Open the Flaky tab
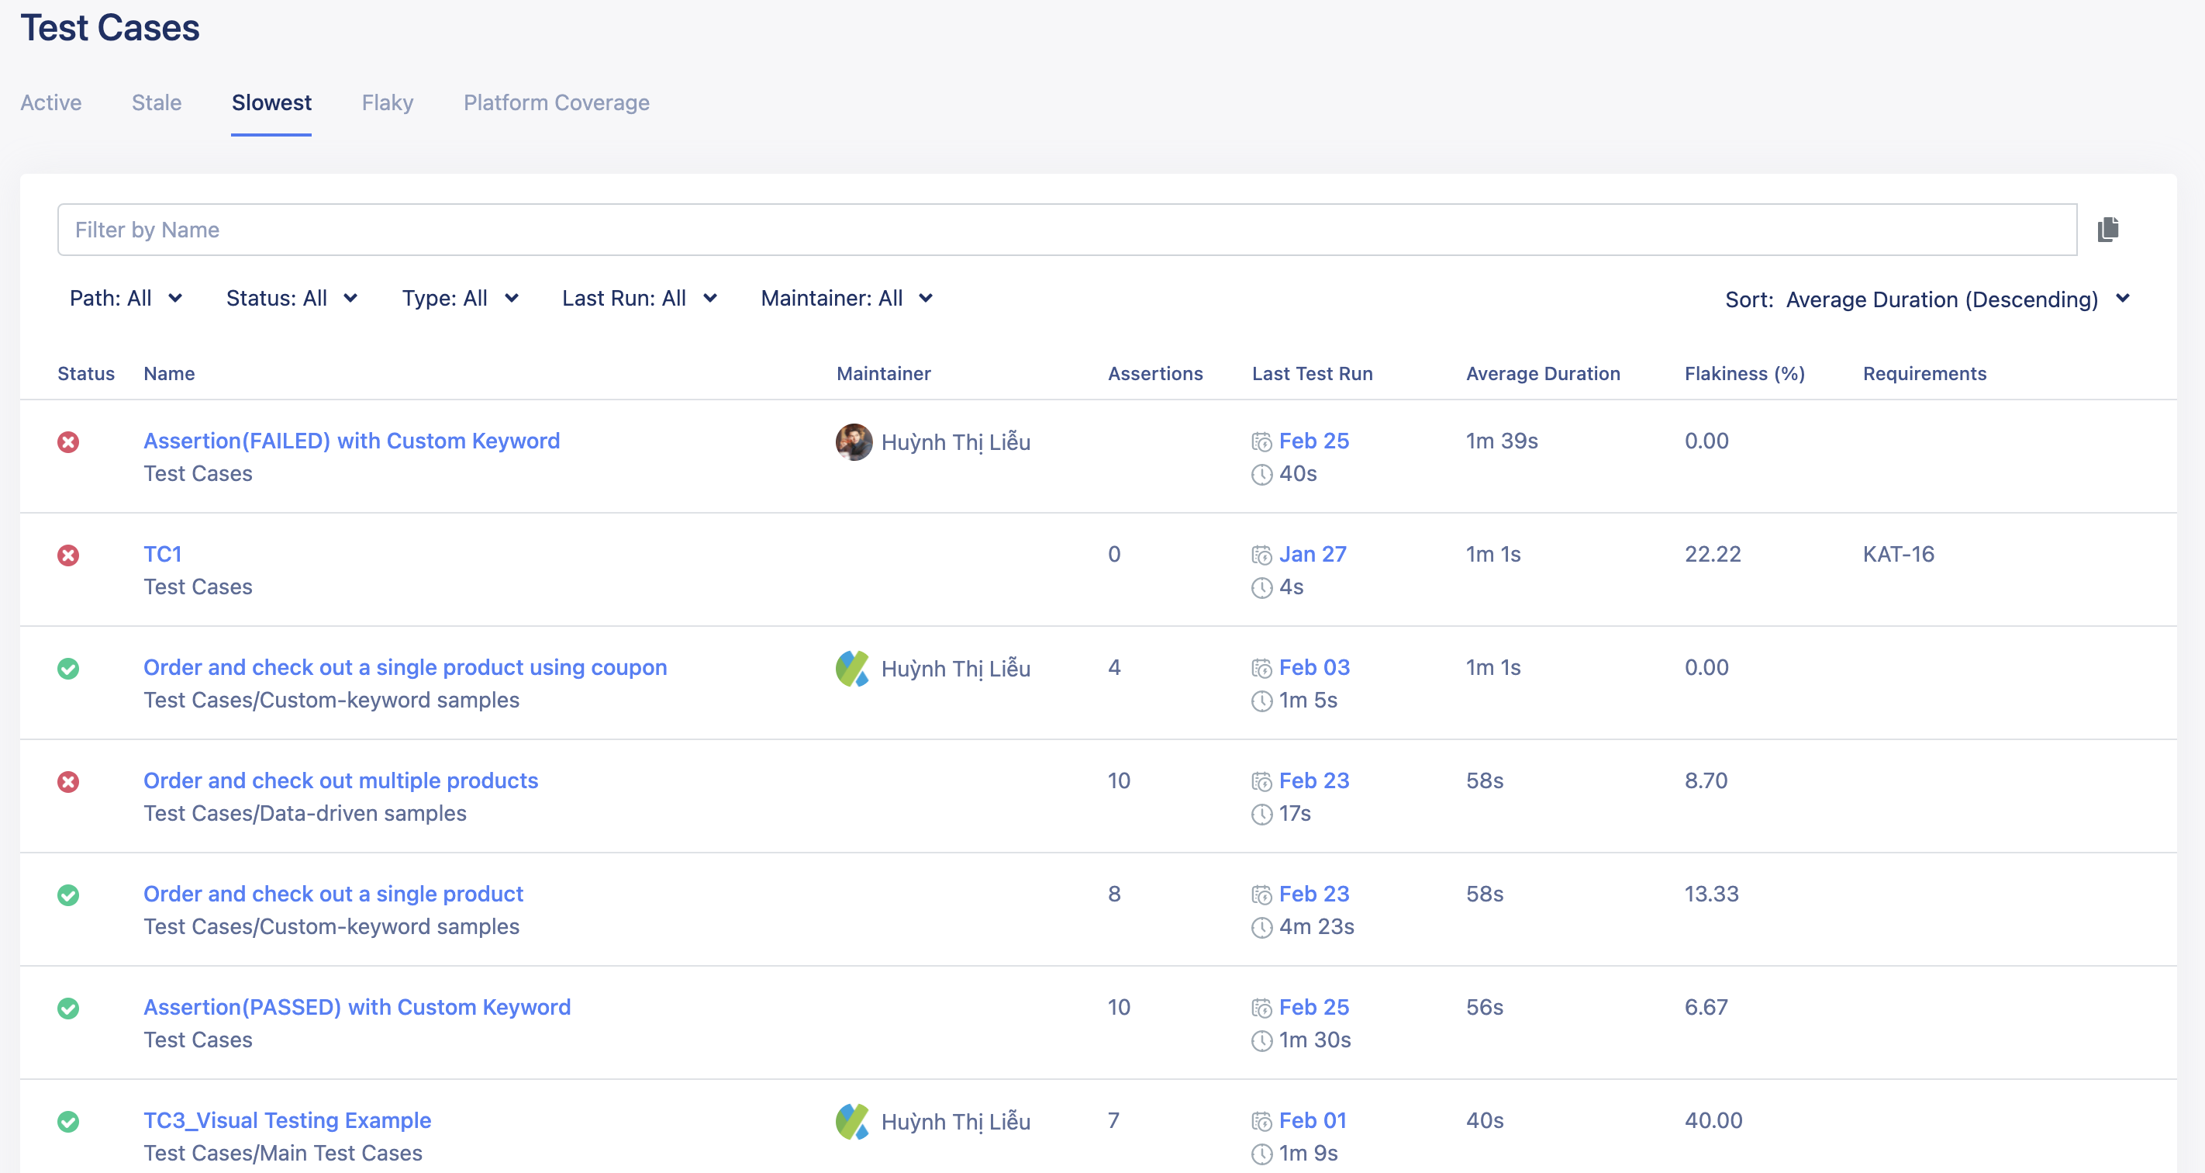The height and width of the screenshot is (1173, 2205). click(x=387, y=102)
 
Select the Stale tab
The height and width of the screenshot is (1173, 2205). click(x=156, y=102)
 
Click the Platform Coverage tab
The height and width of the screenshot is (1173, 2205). click(x=557, y=102)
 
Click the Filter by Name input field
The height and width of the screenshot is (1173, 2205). click(x=1067, y=230)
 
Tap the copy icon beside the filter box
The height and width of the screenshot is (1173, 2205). click(x=2107, y=230)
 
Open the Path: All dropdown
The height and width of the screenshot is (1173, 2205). click(x=126, y=298)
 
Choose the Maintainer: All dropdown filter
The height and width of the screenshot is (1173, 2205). click(x=846, y=298)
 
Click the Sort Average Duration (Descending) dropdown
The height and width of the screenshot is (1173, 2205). click(x=1926, y=299)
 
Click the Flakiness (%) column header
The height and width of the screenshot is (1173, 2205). click(x=1744, y=373)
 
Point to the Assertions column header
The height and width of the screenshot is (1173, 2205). click(x=1154, y=373)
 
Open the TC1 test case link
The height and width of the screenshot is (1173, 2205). click(x=162, y=554)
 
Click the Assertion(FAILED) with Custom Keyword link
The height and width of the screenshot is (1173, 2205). click(x=351, y=441)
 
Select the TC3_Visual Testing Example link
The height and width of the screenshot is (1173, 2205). click(x=287, y=1120)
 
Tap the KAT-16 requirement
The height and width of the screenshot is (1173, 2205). click(x=1898, y=554)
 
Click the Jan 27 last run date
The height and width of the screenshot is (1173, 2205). click(x=1312, y=554)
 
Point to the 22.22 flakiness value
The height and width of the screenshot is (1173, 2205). click(x=1712, y=554)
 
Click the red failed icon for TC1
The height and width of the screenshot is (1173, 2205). click(x=68, y=555)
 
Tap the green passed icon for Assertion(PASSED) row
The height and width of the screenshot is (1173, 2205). click(x=68, y=1009)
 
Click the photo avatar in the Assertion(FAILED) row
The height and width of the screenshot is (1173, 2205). click(x=854, y=441)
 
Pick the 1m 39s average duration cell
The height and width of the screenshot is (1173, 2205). click(x=1501, y=441)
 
